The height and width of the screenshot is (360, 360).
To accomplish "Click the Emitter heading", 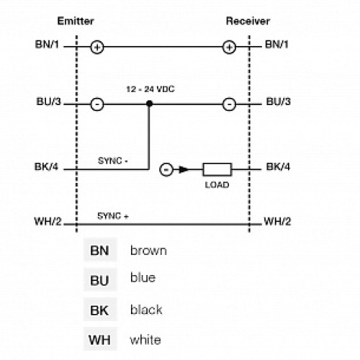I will click(x=76, y=22).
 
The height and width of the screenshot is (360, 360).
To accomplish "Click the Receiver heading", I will click(x=248, y=22).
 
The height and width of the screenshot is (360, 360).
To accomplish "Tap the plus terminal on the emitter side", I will click(x=97, y=48).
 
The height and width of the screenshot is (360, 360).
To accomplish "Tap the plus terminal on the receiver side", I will click(x=229, y=48).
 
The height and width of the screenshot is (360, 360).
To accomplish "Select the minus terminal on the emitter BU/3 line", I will click(x=97, y=104).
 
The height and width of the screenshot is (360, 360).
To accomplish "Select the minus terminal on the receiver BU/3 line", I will click(x=229, y=104).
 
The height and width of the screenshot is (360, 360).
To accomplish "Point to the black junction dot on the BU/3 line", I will click(x=150, y=104).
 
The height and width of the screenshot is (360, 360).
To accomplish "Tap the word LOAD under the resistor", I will click(x=216, y=185).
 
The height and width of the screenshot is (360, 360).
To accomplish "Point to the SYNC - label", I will click(x=113, y=161).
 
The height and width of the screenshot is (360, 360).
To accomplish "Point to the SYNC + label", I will click(x=113, y=216).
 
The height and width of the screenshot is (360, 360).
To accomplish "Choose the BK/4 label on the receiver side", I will click(x=278, y=168).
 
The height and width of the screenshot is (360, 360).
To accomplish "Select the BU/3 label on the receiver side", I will click(x=278, y=102).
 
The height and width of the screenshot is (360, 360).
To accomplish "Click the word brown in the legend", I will click(x=148, y=251).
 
